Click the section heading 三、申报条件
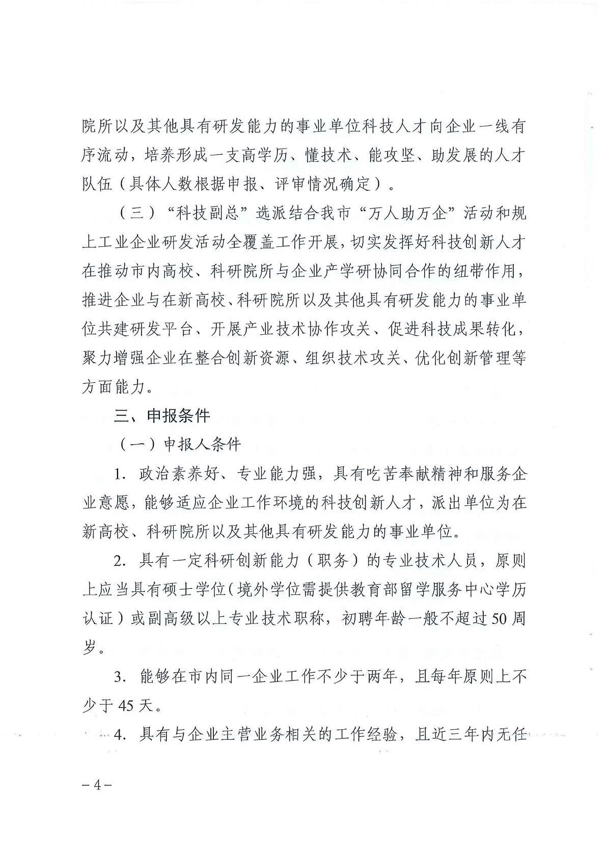[162, 416]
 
